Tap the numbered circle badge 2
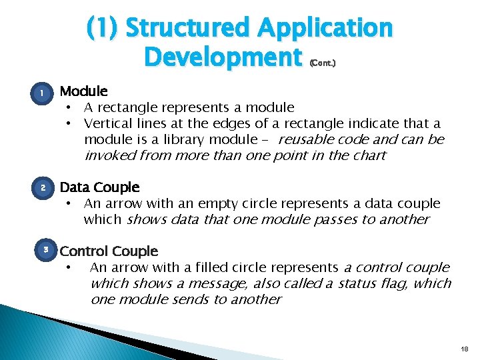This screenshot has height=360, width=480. pos(43,189)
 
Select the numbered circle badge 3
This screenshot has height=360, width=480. pos(46,250)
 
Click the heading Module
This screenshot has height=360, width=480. pos(83,91)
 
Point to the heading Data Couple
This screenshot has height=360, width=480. pos(99,187)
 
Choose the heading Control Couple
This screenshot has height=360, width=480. pos(109,251)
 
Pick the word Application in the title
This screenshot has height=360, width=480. pos(325,29)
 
